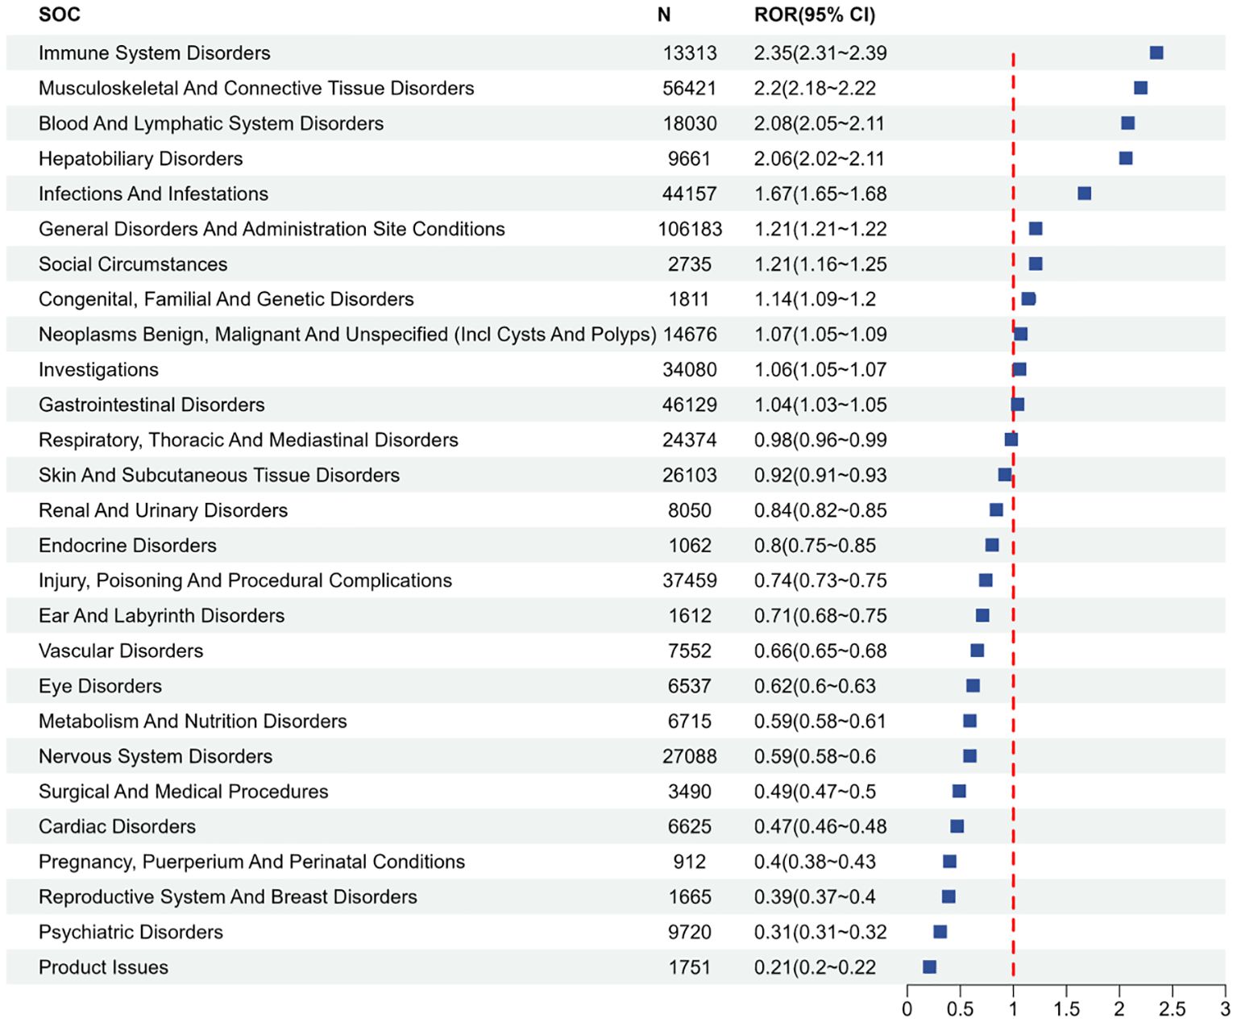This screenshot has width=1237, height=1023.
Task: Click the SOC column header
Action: click(x=60, y=15)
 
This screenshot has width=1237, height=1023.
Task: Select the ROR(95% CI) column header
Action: click(x=815, y=15)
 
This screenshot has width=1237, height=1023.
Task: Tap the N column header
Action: click(x=663, y=15)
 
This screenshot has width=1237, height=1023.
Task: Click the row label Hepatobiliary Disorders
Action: click(x=140, y=159)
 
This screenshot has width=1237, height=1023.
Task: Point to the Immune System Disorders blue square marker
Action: click(x=1156, y=52)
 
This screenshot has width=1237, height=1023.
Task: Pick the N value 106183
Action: click(x=690, y=229)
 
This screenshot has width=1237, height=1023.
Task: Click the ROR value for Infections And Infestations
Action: click(x=820, y=193)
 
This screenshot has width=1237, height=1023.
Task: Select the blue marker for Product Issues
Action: click(x=929, y=967)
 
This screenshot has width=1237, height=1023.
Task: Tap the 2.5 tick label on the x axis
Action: click(x=1172, y=1009)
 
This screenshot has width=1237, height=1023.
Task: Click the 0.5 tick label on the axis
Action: click(x=960, y=1009)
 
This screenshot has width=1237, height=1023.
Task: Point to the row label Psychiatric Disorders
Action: click(x=131, y=933)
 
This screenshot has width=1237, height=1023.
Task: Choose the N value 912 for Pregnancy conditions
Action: click(x=690, y=862)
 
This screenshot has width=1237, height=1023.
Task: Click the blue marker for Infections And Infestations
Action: click(x=1084, y=193)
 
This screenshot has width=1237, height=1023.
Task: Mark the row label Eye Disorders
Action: click(x=100, y=686)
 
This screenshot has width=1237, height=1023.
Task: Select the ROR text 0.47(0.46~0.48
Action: click(x=820, y=827)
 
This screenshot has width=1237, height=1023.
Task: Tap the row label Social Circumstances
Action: click(x=133, y=264)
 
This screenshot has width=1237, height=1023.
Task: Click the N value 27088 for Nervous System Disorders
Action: click(x=690, y=756)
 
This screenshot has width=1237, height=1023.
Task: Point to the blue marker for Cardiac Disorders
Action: click(x=957, y=826)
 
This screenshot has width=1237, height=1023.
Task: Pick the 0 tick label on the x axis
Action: click(x=907, y=1009)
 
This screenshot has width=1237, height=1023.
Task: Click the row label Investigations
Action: click(x=98, y=370)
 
